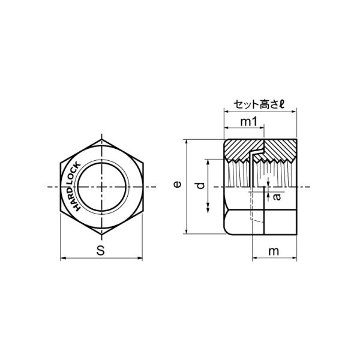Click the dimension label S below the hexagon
101,250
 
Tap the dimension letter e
177,184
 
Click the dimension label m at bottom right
274,251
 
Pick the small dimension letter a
277,197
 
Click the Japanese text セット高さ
256,104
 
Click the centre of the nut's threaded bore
102,187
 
